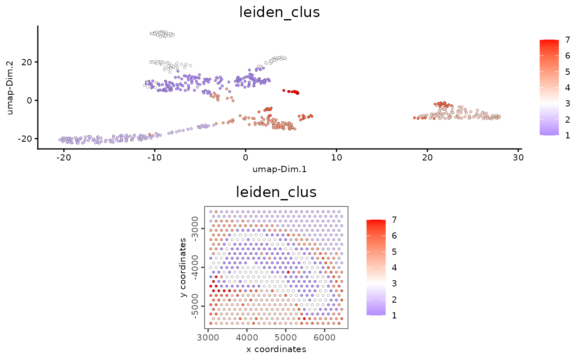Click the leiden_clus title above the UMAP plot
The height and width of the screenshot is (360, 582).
coord(279,12)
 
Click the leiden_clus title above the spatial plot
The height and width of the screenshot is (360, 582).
coord(276,192)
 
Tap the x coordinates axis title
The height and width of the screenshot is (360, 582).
coord(276,349)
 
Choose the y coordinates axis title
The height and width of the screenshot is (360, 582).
coord(183,267)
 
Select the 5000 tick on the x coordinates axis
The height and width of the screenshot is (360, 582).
coord(286,336)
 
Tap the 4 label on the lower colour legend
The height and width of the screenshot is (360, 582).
coord(394,268)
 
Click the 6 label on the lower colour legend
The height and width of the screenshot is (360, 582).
coord(394,236)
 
